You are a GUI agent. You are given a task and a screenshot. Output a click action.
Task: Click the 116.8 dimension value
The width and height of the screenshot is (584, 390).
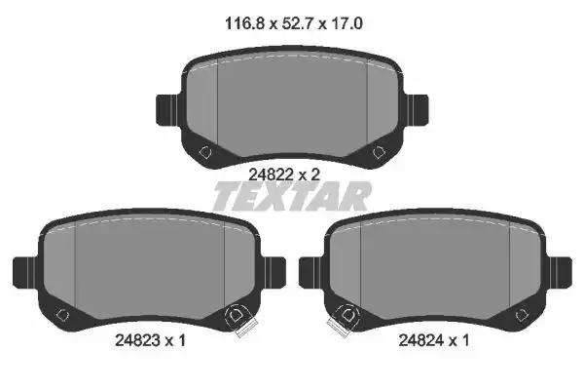[244, 23]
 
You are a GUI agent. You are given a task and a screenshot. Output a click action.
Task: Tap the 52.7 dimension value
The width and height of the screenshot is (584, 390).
[298, 23]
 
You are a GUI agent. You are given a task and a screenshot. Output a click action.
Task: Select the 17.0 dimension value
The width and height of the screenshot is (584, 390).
[347, 23]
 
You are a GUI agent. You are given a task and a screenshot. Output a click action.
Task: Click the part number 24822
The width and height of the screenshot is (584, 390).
[272, 175]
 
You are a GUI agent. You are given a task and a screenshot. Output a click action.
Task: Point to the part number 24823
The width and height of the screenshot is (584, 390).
[138, 340]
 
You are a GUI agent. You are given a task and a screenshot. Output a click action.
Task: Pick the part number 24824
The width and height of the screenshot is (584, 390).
[421, 340]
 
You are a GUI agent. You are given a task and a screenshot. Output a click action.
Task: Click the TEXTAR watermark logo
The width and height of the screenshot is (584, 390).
[292, 196]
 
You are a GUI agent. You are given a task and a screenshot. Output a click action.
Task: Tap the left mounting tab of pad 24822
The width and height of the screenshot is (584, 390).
[167, 110]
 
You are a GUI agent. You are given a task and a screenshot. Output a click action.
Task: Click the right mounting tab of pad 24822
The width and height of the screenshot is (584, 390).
[416, 110]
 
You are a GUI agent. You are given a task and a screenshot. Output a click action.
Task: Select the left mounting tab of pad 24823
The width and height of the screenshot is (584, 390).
[25, 272]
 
